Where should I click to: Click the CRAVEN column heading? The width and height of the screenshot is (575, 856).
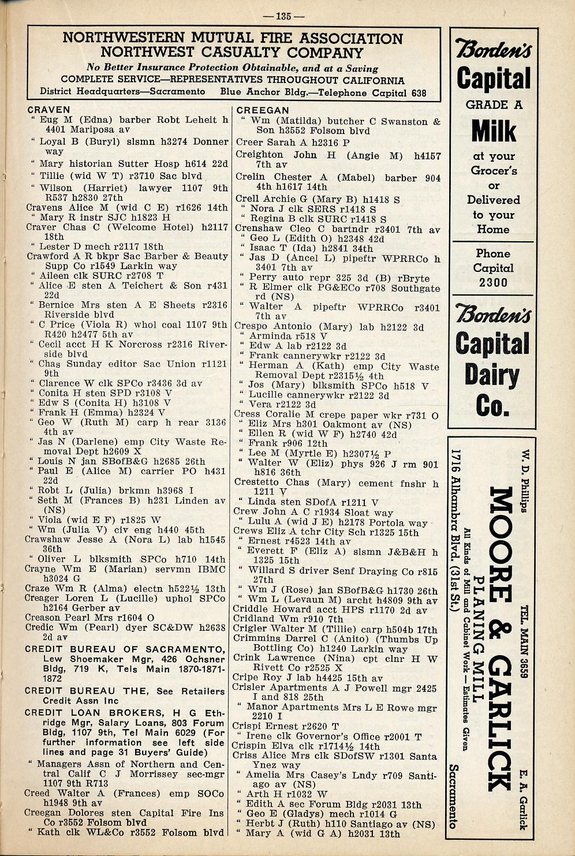tap(48, 110)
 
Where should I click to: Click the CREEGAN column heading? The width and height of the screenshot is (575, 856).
tap(263, 110)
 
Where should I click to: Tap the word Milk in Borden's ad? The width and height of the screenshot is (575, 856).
tap(494, 131)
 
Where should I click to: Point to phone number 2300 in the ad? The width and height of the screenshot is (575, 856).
tap(493, 283)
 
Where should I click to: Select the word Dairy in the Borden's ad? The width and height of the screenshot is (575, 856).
tap(492, 375)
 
